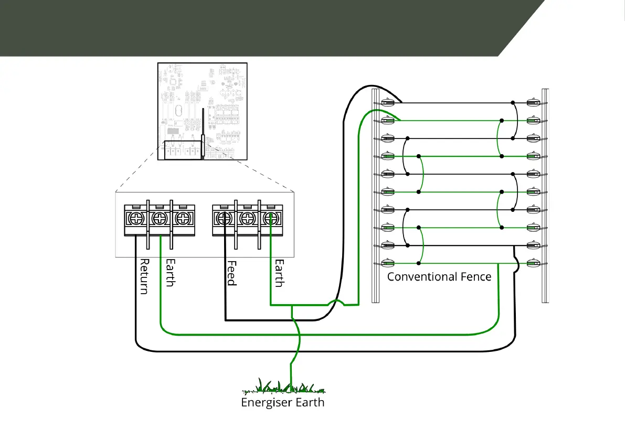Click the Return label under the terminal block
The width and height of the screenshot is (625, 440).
(144, 276)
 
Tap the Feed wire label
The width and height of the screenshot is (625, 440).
(231, 273)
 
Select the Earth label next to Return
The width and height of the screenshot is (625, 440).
(170, 273)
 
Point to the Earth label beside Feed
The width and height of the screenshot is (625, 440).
(279, 273)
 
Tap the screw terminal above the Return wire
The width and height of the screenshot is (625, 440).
(136, 218)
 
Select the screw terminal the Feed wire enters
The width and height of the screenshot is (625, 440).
(224, 218)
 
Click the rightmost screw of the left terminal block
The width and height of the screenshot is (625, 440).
(182, 218)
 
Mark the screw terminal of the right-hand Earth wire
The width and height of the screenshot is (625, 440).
(270, 218)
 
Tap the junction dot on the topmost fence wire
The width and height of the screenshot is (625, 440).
(514, 103)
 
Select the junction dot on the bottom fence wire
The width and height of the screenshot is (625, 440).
(419, 263)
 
